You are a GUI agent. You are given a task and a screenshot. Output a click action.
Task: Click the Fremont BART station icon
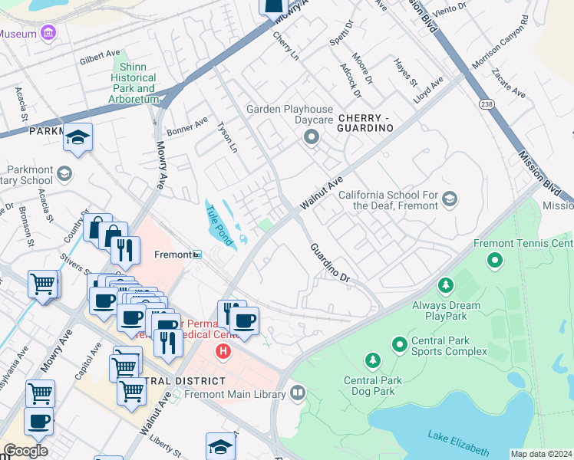pos(197,255)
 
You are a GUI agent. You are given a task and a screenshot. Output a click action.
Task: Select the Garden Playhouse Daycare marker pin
pos(311,138)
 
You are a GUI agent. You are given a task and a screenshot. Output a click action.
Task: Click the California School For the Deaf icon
pos(450,200)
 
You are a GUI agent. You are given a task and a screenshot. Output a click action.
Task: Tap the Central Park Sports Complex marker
pos(399,344)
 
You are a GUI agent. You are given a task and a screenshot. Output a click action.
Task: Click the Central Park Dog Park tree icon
pos(372,360)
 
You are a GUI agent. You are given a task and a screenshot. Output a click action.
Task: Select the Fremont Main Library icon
pos(298,393)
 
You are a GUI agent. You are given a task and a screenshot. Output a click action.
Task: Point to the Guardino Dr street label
pos(330,263)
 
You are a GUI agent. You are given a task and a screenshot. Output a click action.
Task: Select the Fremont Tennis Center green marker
pos(495,261)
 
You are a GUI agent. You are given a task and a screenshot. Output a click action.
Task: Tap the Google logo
pos(25,451)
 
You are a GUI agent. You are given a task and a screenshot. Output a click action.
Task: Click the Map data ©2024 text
pos(541,454)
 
